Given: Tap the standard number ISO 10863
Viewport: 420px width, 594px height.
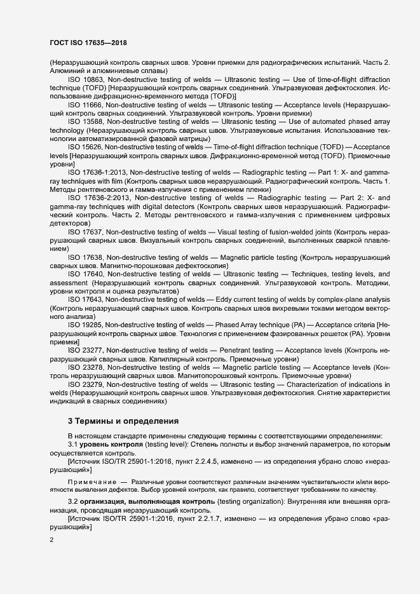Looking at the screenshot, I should coord(86,79).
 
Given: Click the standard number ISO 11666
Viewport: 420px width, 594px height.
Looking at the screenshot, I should coord(86,104).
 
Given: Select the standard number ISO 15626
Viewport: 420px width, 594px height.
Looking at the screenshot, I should coord(86,147).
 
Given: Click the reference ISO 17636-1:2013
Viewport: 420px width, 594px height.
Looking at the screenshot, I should coord(97,172).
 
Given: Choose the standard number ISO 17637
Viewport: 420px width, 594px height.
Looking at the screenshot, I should coord(86,232).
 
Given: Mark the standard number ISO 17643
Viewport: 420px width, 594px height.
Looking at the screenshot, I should coord(86,299).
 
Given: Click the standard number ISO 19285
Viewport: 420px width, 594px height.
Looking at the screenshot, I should coord(86,325).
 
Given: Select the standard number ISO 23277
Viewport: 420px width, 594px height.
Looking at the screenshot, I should coord(86,350).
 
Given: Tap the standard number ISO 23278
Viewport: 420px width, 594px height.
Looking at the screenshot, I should coord(86,367).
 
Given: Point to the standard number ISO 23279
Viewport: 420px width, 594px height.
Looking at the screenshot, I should coord(86,384).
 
